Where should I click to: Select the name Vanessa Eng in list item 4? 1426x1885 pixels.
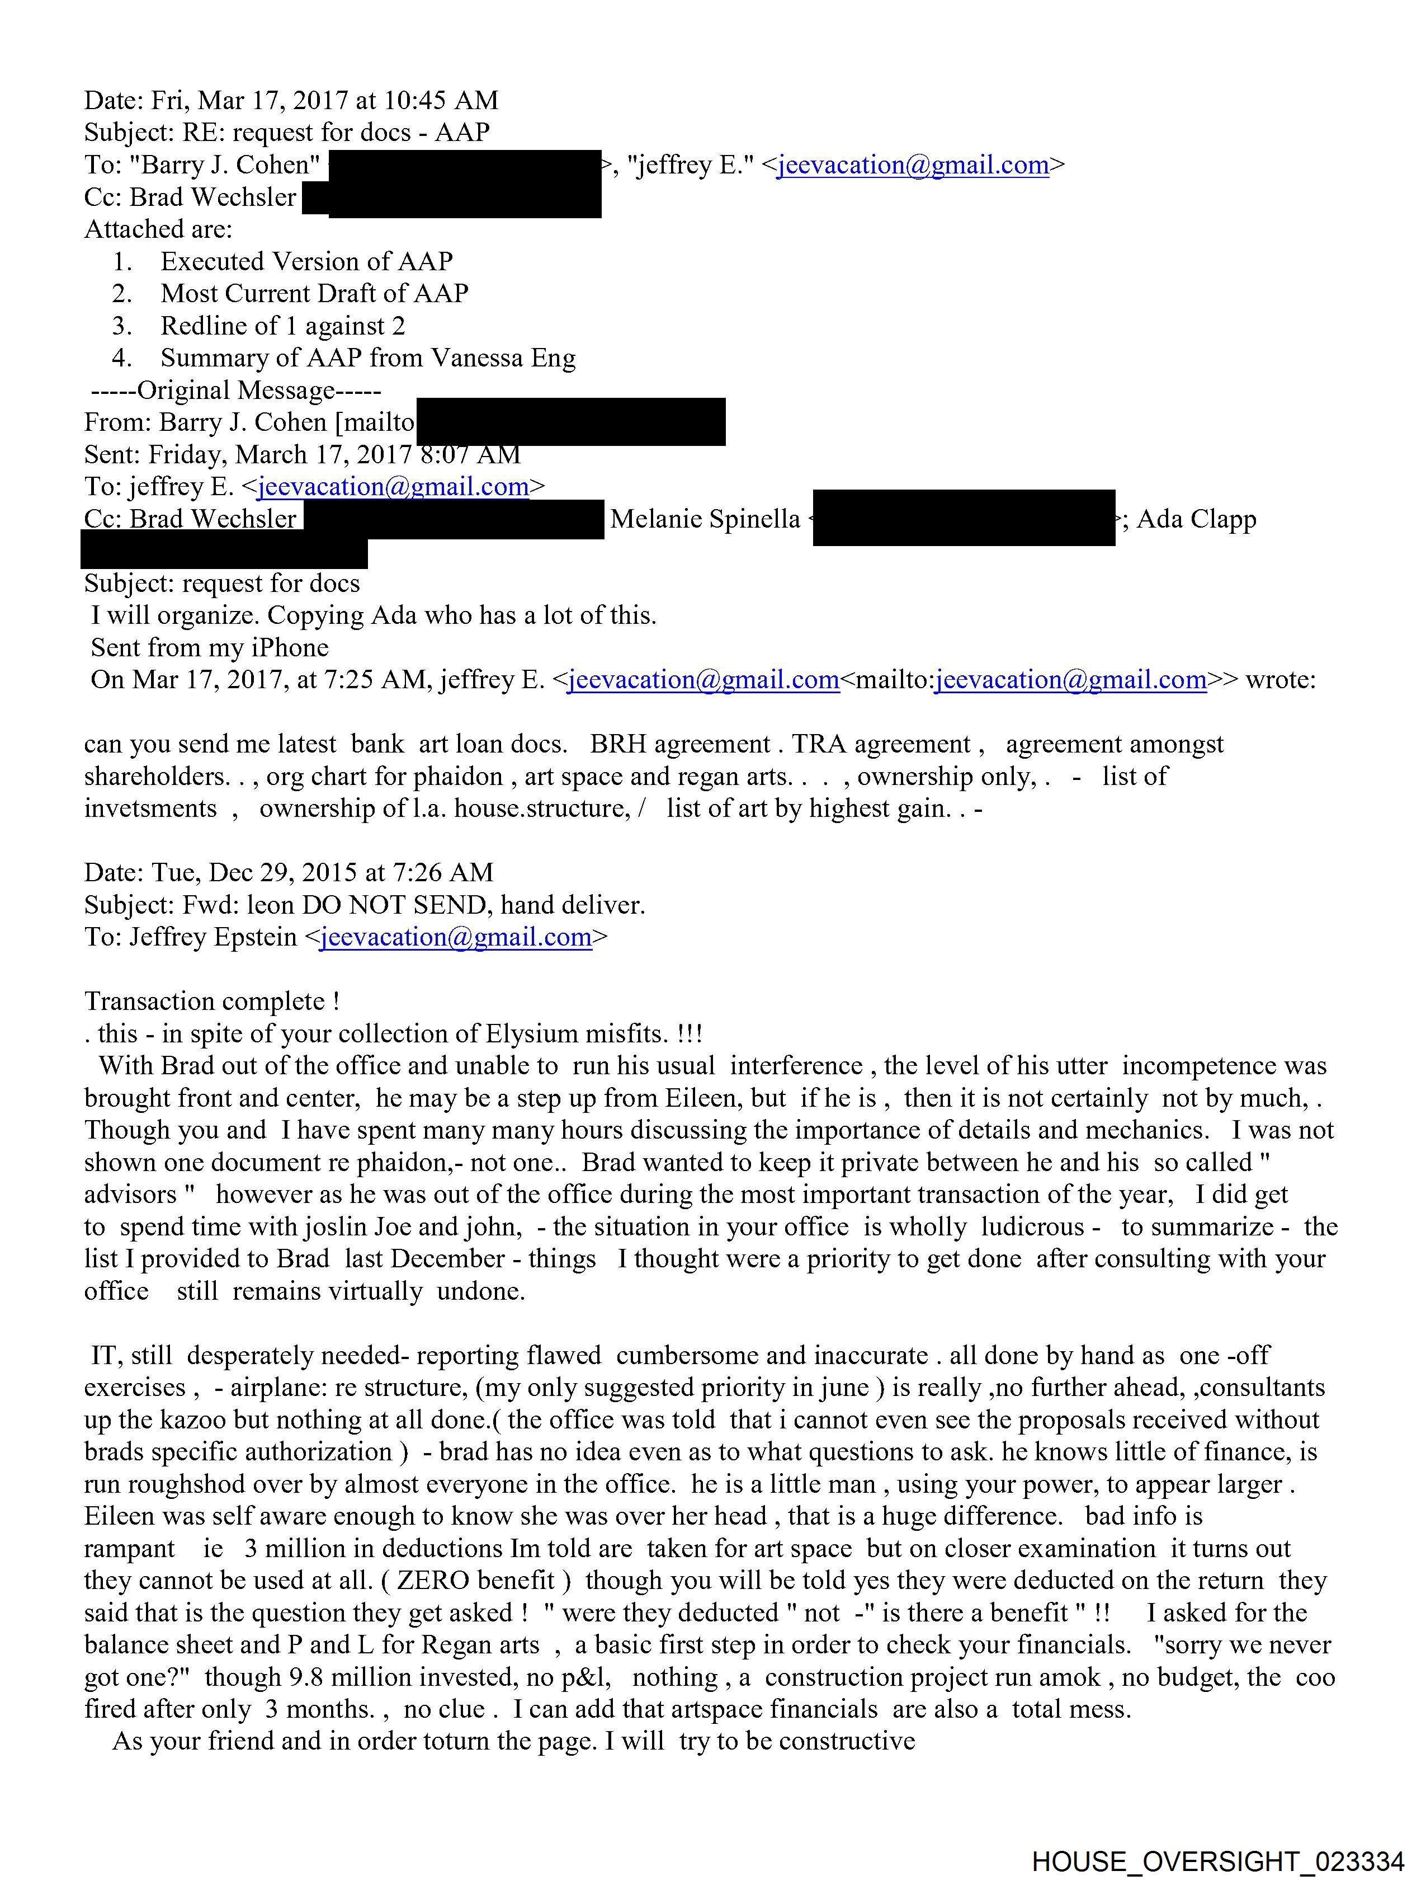click(x=503, y=358)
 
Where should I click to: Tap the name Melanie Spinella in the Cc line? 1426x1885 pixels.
click(x=705, y=519)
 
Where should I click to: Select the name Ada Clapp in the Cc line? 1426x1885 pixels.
click(x=1196, y=519)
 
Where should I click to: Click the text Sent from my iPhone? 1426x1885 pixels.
click(x=210, y=648)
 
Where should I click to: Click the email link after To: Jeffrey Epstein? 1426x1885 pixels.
click(x=456, y=937)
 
